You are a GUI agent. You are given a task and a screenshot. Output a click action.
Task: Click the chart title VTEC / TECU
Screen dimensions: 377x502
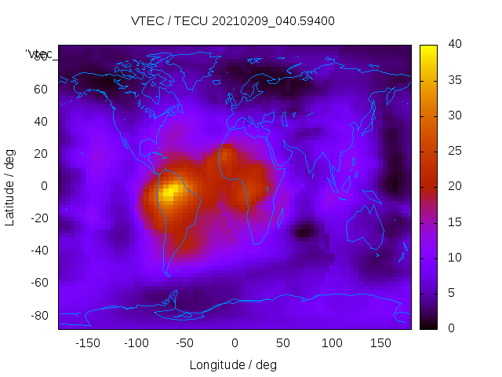pyautogui.click(x=232, y=21)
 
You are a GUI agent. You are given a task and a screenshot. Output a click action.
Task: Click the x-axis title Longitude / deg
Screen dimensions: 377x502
pyautogui.click(x=233, y=364)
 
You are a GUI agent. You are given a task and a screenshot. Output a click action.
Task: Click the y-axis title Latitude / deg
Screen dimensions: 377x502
pyautogui.click(x=10, y=186)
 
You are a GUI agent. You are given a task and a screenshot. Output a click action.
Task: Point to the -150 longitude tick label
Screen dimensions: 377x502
pyautogui.click(x=87, y=343)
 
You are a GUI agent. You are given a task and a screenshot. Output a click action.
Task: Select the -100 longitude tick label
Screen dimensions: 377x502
pyautogui.click(x=136, y=343)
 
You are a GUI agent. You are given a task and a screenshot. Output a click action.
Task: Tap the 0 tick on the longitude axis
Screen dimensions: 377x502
pyautogui.click(x=234, y=343)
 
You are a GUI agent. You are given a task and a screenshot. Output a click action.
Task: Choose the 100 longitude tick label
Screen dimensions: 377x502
pyautogui.click(x=332, y=343)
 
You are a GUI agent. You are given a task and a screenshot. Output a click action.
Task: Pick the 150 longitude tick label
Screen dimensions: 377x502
pyautogui.click(x=381, y=343)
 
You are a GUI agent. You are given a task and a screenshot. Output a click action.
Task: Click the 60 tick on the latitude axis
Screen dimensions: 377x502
pyautogui.click(x=39, y=89)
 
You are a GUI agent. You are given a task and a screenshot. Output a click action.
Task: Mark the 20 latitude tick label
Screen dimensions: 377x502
pyautogui.click(x=39, y=153)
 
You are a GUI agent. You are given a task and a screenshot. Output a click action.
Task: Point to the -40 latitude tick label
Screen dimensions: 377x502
pyautogui.click(x=37, y=251)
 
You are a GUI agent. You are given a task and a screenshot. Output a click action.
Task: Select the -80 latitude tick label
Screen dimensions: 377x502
pyautogui.click(x=37, y=315)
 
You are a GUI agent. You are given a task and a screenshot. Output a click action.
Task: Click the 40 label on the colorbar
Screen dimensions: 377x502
pyautogui.click(x=454, y=45)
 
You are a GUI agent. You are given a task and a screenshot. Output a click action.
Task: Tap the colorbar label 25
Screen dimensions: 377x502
pyautogui.click(x=454, y=151)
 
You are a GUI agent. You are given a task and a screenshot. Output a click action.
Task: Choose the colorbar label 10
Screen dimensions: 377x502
pyautogui.click(x=454, y=258)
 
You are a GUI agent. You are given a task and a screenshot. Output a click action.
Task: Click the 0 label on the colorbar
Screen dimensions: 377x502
pyautogui.click(x=451, y=328)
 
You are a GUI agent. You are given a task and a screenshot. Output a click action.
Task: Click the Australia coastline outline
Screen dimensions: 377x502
pyautogui.click(x=366, y=228)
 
